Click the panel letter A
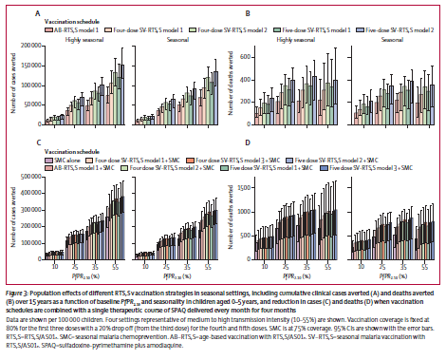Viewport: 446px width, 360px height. [x=37, y=15]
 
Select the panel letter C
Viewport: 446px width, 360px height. [x=37, y=142]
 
